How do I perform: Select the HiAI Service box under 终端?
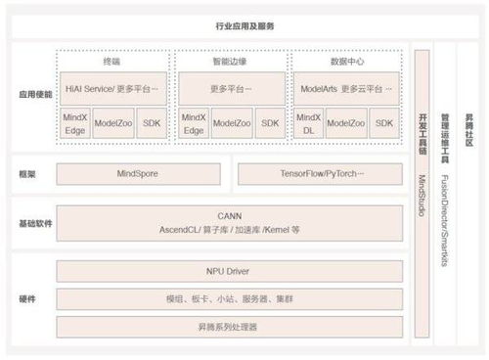click(x=114, y=87)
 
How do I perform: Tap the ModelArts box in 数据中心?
click(x=346, y=87)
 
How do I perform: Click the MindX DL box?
click(x=308, y=123)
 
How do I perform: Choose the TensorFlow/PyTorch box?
click(x=320, y=174)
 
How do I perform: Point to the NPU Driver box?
click(x=229, y=270)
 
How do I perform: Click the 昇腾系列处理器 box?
click(x=229, y=326)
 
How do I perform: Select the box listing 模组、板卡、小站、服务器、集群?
click(x=229, y=298)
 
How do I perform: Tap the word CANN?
click(x=229, y=214)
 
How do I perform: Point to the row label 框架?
click(x=26, y=174)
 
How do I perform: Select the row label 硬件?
click(x=26, y=297)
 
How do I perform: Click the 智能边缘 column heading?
click(x=230, y=60)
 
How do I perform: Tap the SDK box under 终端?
click(x=153, y=123)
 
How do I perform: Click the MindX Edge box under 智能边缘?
click(x=194, y=123)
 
